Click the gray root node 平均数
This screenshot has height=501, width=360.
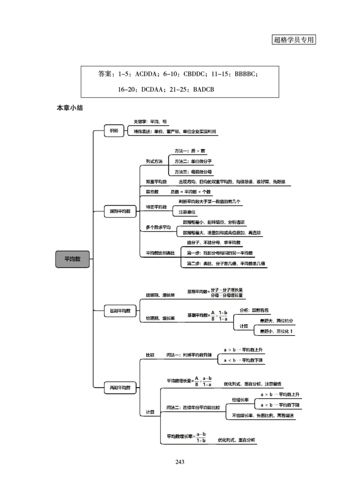coord(72,259)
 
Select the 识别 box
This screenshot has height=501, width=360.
coord(114,131)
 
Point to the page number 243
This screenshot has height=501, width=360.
coord(180,461)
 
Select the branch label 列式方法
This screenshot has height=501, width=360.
coord(154,161)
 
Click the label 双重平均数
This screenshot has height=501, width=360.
coord(156,182)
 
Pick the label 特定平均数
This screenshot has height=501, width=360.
coord(156,207)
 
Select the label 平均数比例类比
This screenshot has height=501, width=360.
coord(160,253)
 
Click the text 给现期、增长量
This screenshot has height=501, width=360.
coord(160,295)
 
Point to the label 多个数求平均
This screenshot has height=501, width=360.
coord(158,228)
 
